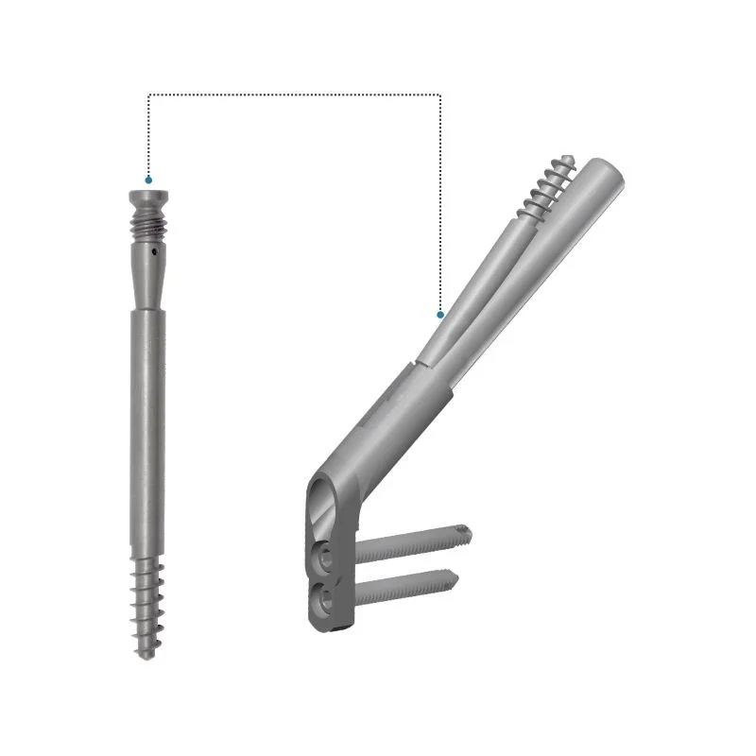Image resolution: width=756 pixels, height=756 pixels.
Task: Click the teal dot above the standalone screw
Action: coord(148,179)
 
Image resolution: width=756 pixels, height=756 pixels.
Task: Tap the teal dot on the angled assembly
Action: coord(440,314)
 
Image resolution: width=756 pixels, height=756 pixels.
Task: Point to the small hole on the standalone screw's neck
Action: coord(153,251)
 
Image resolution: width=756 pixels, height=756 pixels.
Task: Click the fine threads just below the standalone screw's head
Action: coord(149,227)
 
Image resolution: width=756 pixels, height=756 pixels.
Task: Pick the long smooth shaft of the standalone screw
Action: coord(147,425)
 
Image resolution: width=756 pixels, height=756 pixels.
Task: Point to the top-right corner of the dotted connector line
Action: coord(440,94)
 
